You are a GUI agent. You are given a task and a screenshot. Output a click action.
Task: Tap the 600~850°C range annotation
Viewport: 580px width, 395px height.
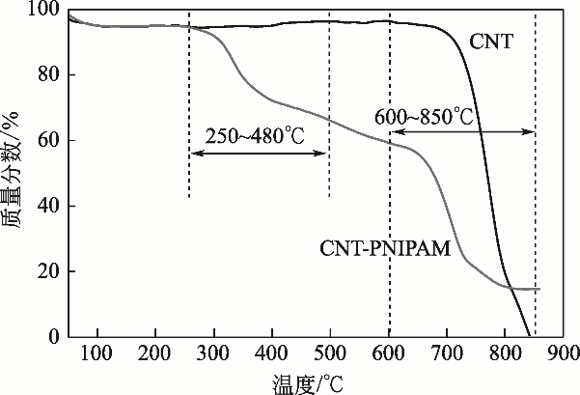pos(425,117)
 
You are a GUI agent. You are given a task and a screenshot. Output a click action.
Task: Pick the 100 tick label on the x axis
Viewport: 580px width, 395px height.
pos(97,355)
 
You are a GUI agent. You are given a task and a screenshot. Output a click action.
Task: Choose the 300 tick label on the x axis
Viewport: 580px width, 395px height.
pos(214,355)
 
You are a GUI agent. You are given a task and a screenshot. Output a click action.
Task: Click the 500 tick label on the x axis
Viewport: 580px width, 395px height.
pos(330,355)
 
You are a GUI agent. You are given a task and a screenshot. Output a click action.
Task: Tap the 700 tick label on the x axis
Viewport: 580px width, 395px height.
pos(447,355)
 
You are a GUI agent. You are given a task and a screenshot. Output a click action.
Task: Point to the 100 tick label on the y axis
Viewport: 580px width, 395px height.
pos(44,12)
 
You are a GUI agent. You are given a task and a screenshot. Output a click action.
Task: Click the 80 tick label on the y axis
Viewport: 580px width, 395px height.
pos(48,75)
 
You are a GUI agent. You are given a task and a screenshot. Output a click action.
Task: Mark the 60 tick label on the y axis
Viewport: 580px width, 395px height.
pos(48,141)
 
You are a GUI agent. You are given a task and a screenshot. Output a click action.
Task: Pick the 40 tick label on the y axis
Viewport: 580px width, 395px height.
pos(48,207)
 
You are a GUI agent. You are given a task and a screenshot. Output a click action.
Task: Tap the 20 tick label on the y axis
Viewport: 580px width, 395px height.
pos(48,272)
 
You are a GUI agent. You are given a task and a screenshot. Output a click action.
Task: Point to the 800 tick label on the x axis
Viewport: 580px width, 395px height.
pos(505,355)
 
